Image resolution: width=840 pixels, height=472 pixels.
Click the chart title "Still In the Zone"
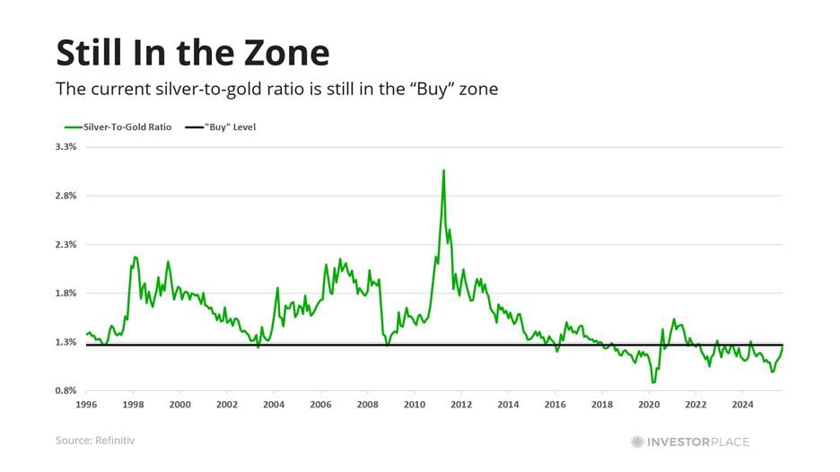192,53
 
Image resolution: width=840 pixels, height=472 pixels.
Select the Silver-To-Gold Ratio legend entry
121,127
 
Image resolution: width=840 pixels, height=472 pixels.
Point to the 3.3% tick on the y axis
67,146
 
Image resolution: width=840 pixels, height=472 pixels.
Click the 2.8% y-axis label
67,196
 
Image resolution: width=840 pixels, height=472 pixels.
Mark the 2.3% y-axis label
67,244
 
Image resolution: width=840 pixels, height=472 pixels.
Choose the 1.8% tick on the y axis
67,293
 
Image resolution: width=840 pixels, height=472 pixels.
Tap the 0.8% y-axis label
67,391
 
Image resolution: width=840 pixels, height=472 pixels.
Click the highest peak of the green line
443,170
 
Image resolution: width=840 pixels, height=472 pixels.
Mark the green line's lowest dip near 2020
653,382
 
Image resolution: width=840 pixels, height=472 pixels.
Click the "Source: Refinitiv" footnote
96,441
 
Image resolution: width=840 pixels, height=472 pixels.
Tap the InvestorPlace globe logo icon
637,441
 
